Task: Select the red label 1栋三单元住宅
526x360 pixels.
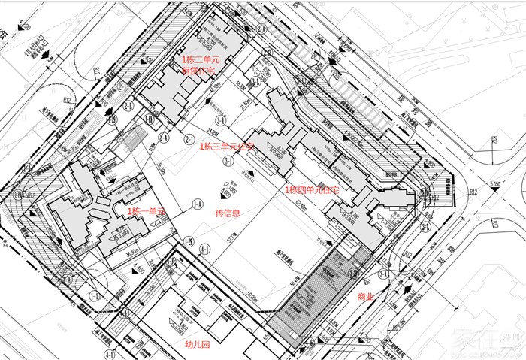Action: [x=228, y=147]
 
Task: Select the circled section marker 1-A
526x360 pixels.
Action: [x=198, y=204]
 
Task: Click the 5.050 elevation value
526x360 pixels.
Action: [x=494, y=182]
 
